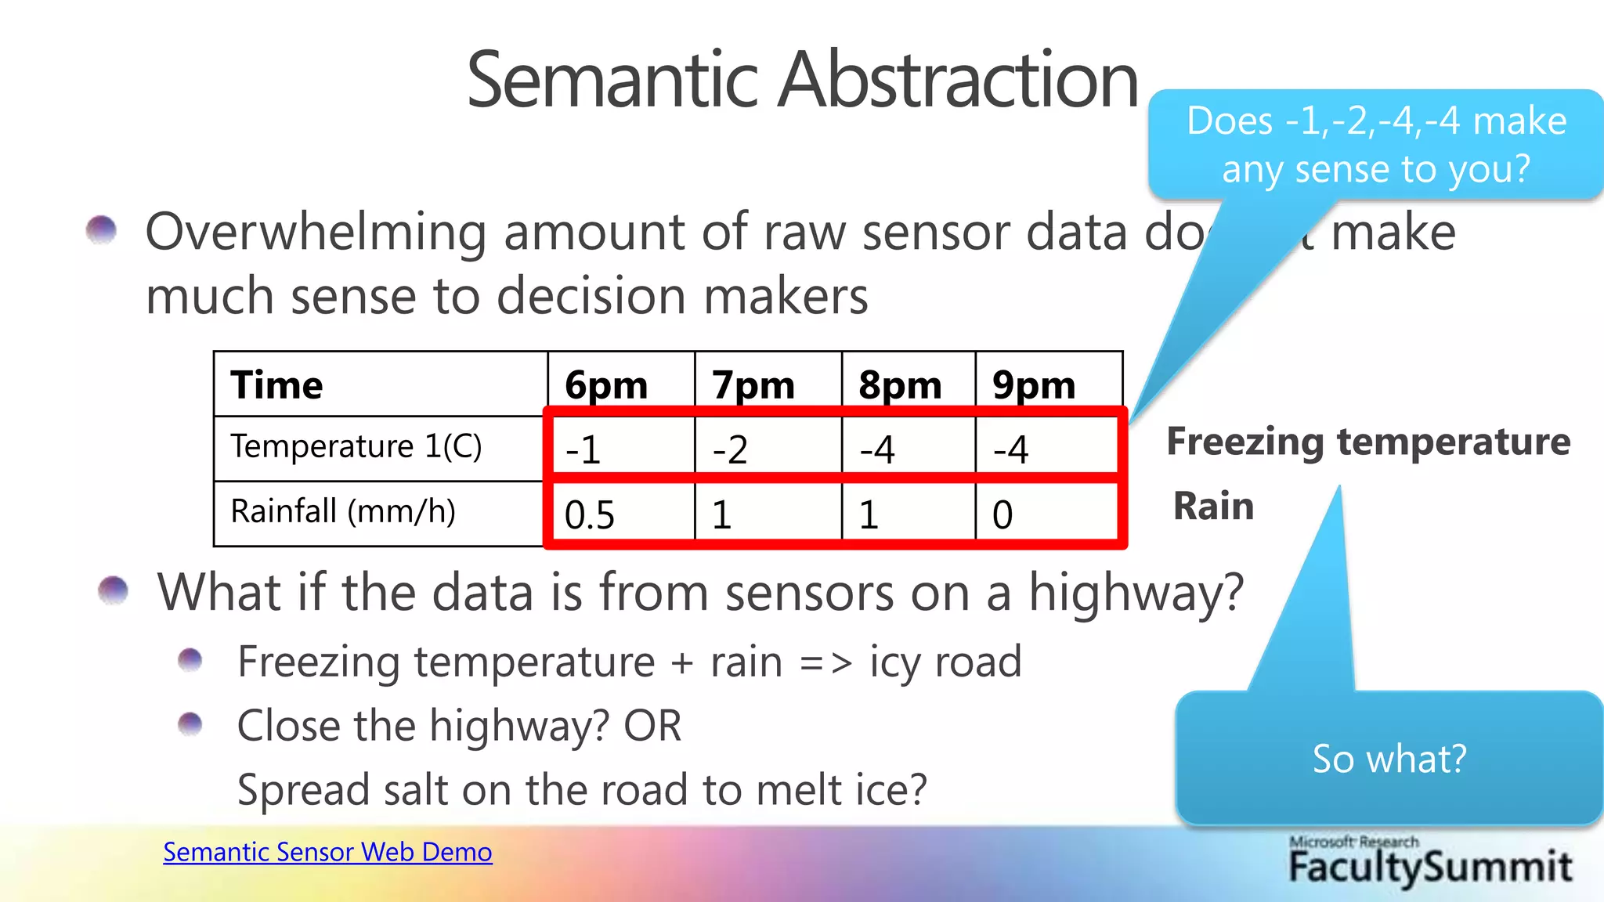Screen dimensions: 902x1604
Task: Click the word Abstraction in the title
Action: tap(957, 80)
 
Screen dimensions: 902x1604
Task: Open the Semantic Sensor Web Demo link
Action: tap(327, 852)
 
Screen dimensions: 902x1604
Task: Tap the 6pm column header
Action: tap(605, 385)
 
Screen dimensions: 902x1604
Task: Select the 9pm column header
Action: tap(1033, 385)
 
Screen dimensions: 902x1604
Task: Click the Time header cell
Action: tap(276, 385)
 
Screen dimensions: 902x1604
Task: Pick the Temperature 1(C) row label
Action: tap(356, 446)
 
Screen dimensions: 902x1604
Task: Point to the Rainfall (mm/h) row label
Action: tap(342, 511)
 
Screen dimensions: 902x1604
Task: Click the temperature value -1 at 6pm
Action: tap(583, 449)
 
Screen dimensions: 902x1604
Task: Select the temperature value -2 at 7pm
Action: tap(729, 449)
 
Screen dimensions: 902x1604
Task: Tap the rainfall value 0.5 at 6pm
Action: tap(589, 514)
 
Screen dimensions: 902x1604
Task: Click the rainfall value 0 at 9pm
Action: tap(1002, 514)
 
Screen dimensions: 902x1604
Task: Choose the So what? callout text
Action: tap(1389, 759)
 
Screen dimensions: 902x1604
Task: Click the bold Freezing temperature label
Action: tap(1367, 441)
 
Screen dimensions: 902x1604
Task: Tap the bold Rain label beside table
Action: tap(1213, 506)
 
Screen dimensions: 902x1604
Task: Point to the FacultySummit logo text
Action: tap(1430, 866)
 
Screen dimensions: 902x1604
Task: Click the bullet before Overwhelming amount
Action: tap(101, 230)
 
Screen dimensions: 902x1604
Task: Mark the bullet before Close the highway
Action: tap(190, 724)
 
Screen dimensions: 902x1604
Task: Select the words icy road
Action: tap(945, 662)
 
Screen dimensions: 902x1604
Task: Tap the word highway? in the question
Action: tap(1136, 592)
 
